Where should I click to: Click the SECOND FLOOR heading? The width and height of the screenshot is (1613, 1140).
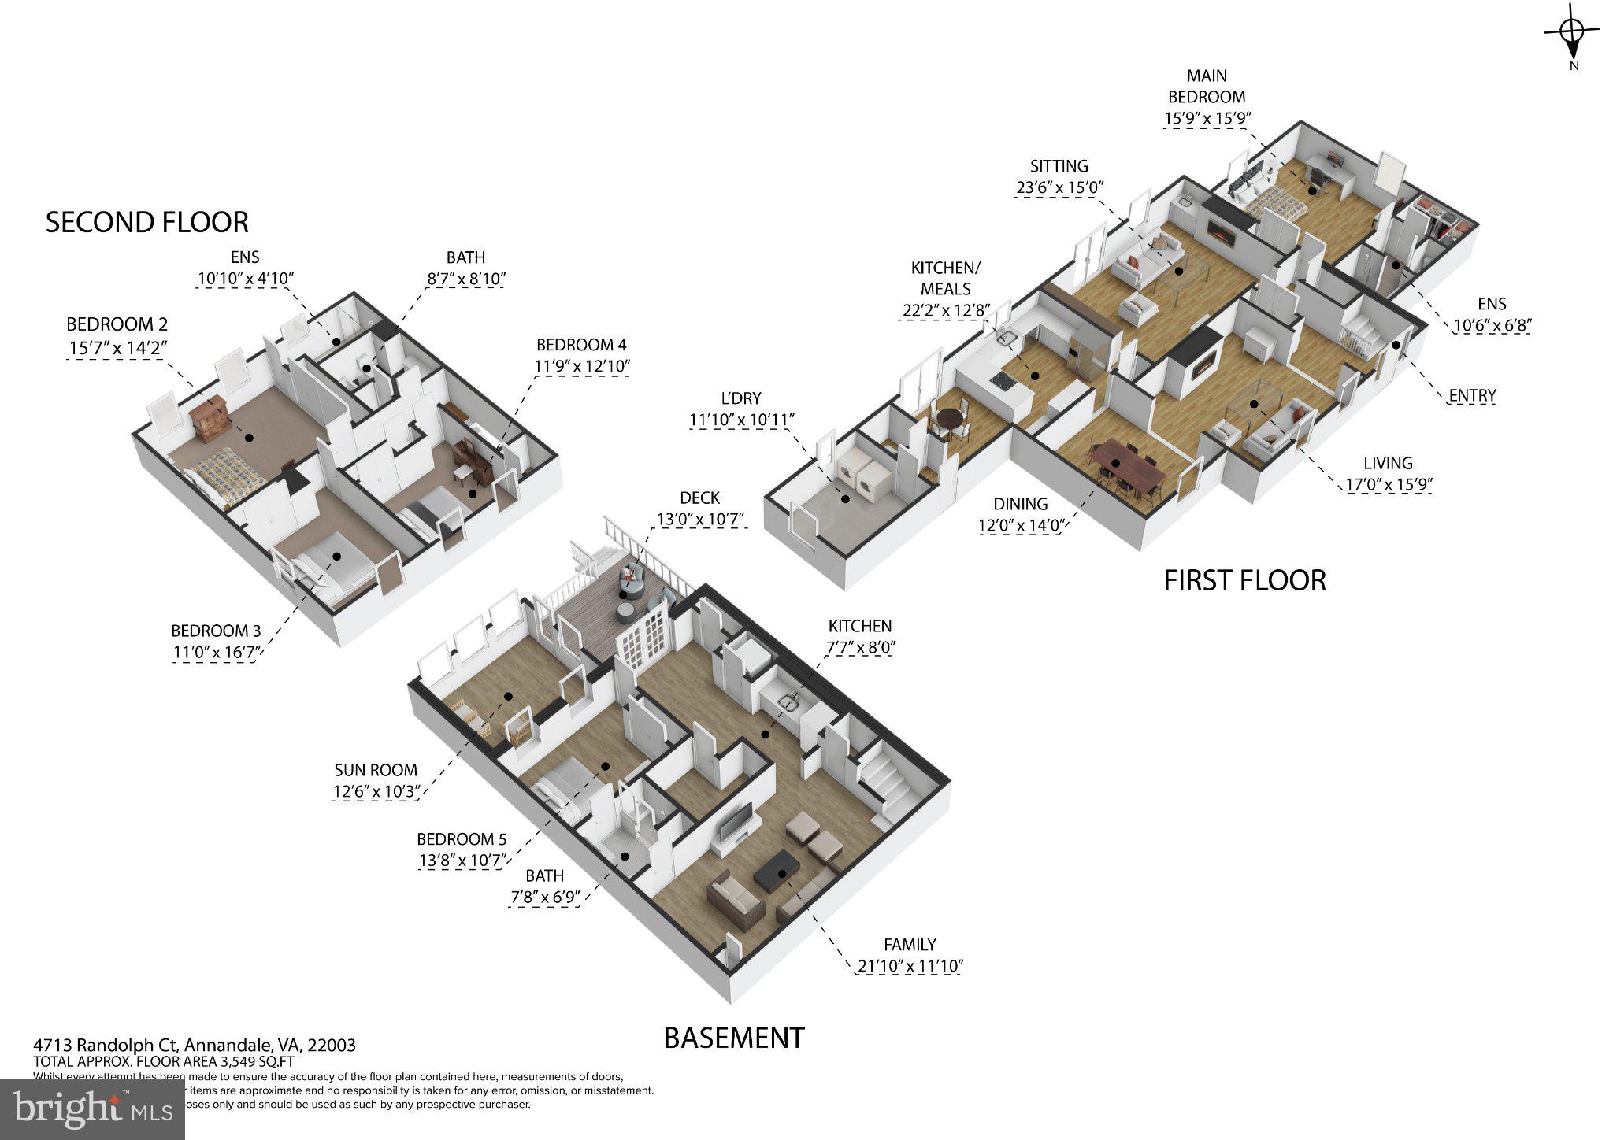click(x=146, y=223)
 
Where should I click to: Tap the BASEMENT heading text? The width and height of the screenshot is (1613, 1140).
click(x=734, y=1038)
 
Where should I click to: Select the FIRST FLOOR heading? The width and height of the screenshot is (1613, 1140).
click(x=1244, y=581)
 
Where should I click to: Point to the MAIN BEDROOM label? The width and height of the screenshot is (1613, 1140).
click(x=1207, y=87)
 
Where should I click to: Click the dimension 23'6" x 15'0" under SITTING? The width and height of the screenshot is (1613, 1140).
click(x=1059, y=187)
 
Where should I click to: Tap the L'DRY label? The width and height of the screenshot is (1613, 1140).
click(x=741, y=398)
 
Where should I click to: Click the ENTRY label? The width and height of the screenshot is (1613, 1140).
click(x=1472, y=395)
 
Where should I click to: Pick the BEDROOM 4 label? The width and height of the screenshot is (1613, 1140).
click(x=581, y=345)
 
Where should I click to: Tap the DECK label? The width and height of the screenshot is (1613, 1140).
click(x=699, y=498)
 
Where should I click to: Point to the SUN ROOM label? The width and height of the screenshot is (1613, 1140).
click(x=376, y=770)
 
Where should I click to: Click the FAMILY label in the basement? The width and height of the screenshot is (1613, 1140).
click(x=910, y=945)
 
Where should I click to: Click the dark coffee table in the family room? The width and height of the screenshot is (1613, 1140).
click(x=777, y=871)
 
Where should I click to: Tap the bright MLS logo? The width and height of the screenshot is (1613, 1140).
click(x=92, y=1109)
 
